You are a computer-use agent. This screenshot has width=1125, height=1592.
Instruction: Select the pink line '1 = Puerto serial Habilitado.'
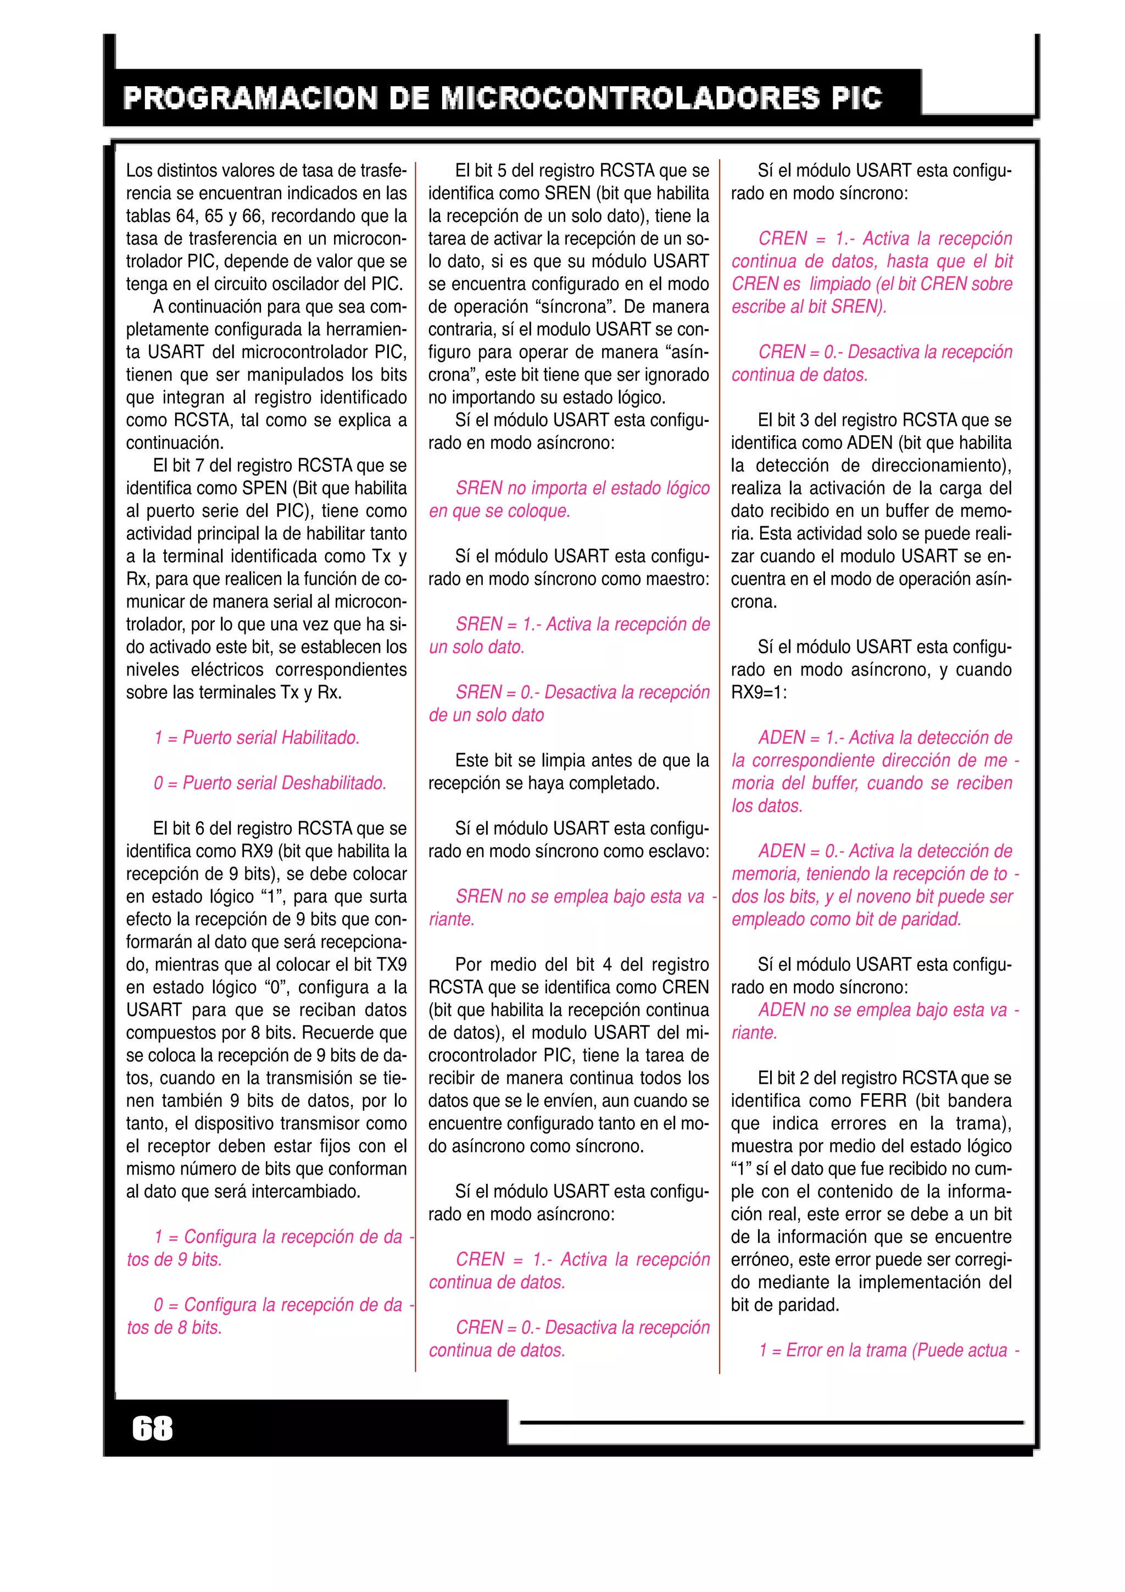pyautogui.click(x=257, y=738)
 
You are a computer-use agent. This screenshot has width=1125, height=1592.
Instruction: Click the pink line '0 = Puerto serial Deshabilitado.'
pyautogui.click(x=270, y=783)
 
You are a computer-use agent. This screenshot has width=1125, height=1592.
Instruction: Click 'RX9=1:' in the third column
pyautogui.click(x=759, y=693)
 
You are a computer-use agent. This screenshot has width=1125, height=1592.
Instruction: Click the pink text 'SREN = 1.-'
pyautogui.click(x=498, y=625)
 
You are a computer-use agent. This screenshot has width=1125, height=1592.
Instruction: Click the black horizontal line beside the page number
pyautogui.click(x=771, y=1422)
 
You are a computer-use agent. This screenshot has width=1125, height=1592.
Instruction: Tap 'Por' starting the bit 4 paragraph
pyautogui.click(x=469, y=965)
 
